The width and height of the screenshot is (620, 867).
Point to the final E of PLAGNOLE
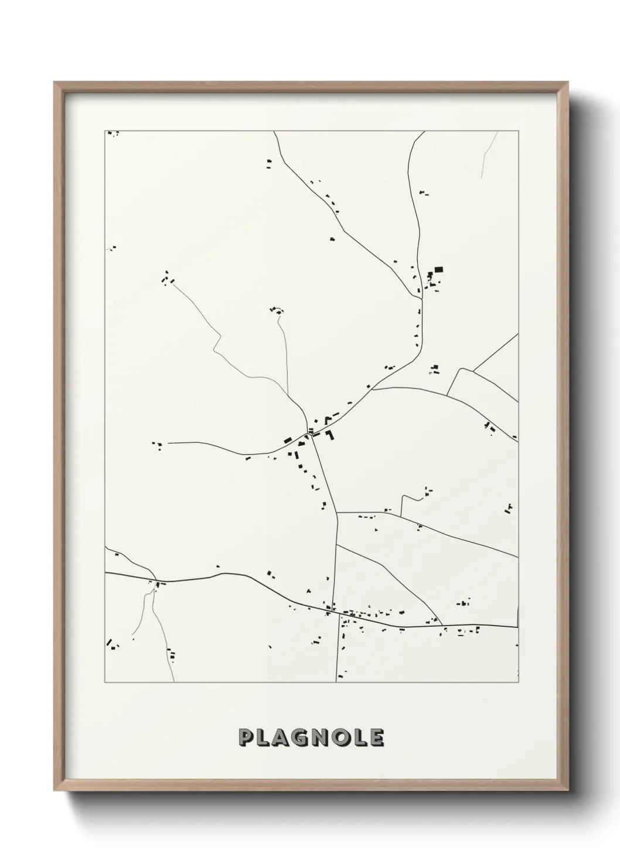pyautogui.click(x=376, y=738)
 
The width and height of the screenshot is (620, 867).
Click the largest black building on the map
pyautogui.click(x=438, y=270)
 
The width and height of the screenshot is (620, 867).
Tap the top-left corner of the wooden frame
pyautogui.click(x=54, y=83)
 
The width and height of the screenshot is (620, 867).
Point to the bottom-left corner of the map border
pyautogui.click(x=105, y=682)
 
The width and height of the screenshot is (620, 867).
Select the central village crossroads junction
pyautogui.click(x=309, y=432)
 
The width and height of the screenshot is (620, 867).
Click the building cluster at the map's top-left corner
pyautogui.click(x=113, y=134)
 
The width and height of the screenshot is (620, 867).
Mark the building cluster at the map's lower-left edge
pyautogui.click(x=112, y=645)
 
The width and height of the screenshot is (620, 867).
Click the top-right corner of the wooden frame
pyautogui.click(x=568, y=83)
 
